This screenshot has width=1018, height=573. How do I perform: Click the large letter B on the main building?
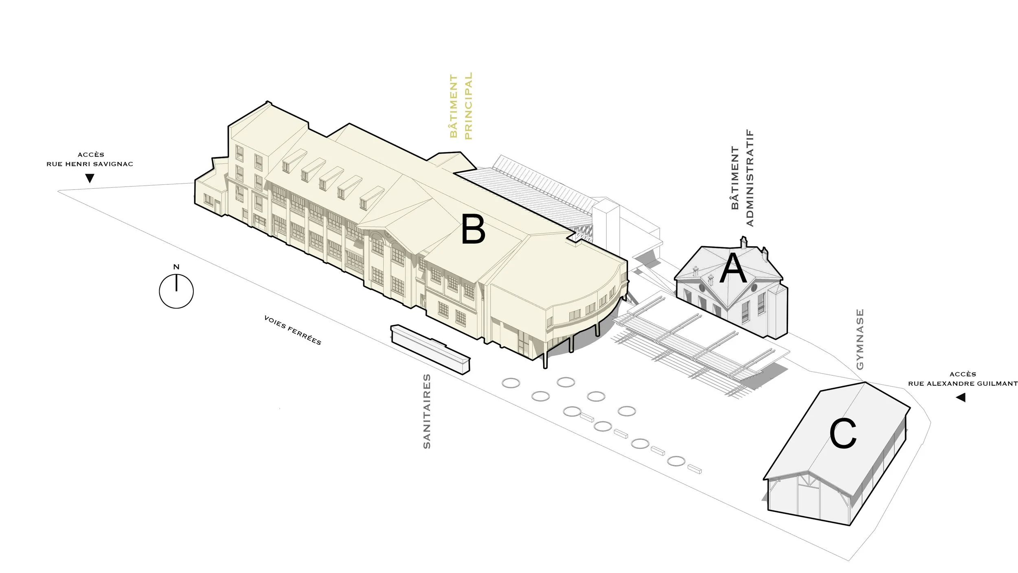(473, 230)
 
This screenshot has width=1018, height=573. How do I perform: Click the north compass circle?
(176, 291)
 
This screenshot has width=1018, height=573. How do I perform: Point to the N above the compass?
(176, 267)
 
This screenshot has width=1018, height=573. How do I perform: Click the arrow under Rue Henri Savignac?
(90, 178)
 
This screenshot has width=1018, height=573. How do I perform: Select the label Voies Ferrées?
(292, 330)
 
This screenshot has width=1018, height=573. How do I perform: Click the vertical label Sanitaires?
(427, 411)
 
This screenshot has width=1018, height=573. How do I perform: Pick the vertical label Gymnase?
(860, 339)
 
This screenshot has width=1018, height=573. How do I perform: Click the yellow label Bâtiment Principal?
(461, 106)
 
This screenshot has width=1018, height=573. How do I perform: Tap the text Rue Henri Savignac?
(90, 164)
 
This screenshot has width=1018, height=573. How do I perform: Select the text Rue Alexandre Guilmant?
(963, 383)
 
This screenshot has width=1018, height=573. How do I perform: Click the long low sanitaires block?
(430, 348)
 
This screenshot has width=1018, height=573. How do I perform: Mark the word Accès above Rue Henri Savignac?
(91, 155)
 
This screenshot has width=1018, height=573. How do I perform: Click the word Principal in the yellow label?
(468, 106)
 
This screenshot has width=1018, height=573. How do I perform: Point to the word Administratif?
(750, 178)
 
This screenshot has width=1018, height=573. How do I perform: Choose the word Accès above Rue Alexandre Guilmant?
(963, 374)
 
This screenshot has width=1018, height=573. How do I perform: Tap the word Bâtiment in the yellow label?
(454, 106)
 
